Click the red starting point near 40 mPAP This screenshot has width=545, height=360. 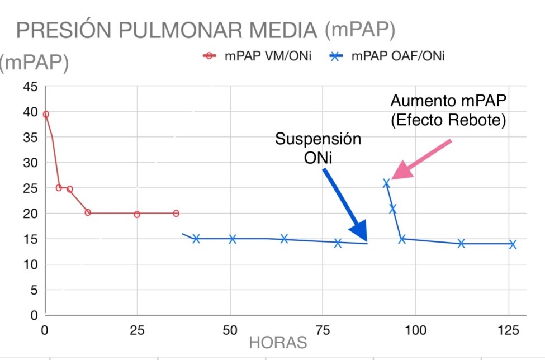(46, 114)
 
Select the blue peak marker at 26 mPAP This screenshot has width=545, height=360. (386, 183)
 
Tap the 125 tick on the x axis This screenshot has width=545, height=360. (508, 330)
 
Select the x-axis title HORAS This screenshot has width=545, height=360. (278, 342)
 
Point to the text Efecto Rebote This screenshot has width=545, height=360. (449, 120)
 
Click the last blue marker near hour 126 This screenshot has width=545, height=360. (513, 244)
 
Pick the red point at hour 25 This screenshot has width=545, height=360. (137, 214)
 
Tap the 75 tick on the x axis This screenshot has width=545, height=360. (323, 330)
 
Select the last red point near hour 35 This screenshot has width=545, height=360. (176, 213)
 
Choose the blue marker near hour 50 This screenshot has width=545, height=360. (233, 239)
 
